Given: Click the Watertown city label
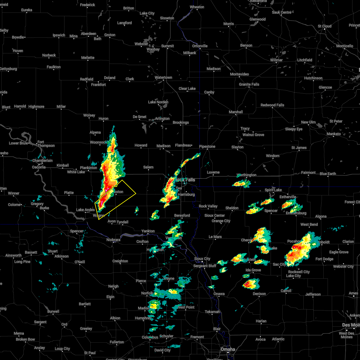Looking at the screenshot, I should click(163, 77).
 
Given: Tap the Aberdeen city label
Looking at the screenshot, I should click(88, 34).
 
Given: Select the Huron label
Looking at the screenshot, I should click(103, 118).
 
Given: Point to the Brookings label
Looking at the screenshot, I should click(181, 122).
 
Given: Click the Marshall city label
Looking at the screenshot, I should click(236, 112).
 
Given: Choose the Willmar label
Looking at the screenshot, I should click(276, 60).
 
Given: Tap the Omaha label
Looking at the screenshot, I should click(228, 349).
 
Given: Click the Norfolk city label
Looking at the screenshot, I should click(147, 293).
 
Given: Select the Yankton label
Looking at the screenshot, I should click(148, 231).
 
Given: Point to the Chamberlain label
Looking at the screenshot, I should click(42, 160).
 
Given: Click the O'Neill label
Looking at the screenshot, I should click(79, 262).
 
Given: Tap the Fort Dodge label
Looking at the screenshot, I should click(324, 259).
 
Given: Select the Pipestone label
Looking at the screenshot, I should click(207, 146).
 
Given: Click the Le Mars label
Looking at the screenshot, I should click(215, 237).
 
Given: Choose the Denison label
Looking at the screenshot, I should click(259, 294).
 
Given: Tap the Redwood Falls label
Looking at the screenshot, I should click(272, 105).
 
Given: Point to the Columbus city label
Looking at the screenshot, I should click(150, 337).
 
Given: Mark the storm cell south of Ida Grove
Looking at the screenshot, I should click(250, 283).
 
